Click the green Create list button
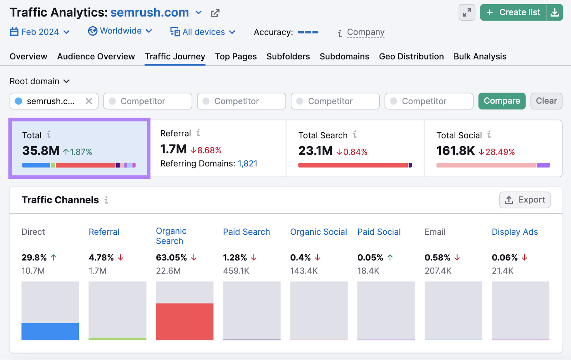[513, 12]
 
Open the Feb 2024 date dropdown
[40, 32]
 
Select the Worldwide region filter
[120, 31]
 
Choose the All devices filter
[203, 32]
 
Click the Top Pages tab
[236, 56]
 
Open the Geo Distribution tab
[411, 56]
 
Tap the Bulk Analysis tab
[480, 56]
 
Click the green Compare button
[501, 101]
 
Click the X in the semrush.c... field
[89, 101]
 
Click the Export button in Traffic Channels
[525, 200]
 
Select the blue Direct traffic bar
[50, 331]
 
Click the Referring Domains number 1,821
[247, 163]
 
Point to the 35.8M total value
[41, 151]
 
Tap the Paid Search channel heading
[246, 232]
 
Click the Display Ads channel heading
[514, 232]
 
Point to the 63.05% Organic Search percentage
[171, 258]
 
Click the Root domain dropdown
[39, 81]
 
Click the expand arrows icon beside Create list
[466, 12]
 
